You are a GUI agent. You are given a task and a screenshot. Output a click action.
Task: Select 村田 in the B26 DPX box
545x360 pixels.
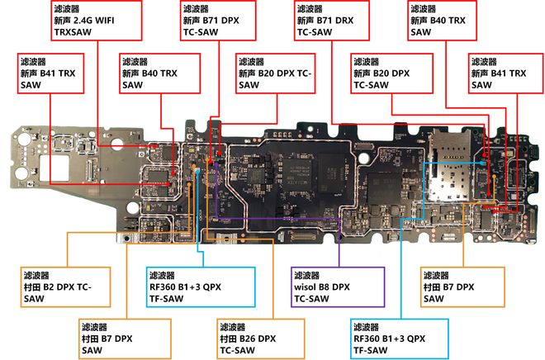230,339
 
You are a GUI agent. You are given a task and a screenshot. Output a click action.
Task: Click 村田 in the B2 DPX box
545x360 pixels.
35,287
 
